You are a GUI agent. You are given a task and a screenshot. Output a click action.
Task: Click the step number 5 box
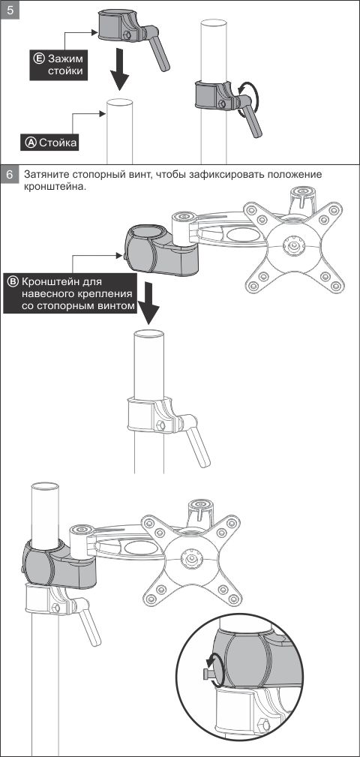pos(10,10)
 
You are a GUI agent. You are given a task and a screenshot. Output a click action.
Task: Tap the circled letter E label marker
pos(39,59)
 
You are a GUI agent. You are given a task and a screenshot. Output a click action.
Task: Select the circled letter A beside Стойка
pos(31,143)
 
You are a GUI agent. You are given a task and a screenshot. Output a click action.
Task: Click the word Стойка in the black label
pos(58,143)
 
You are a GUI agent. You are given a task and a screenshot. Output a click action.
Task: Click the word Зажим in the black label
pos(65,59)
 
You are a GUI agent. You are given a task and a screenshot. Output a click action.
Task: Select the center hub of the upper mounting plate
pos(293,245)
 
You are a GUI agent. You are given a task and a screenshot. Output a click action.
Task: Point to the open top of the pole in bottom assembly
pos(45,486)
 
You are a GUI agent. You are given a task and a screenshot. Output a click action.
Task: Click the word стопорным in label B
pos(82,306)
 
